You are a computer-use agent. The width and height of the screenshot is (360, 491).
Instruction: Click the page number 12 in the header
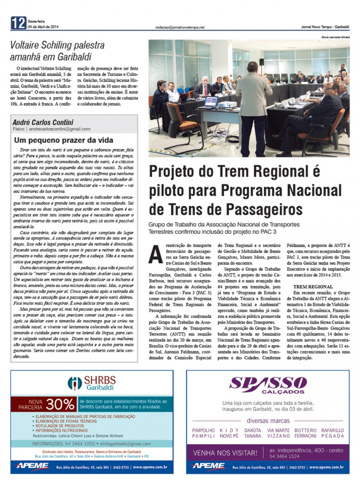(x=18, y=23)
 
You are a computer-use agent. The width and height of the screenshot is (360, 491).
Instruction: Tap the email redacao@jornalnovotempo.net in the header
(x=180, y=27)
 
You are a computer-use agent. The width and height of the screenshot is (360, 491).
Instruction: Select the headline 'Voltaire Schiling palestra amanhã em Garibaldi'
(x=57, y=51)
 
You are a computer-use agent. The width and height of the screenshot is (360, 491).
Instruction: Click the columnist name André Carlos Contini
(x=43, y=122)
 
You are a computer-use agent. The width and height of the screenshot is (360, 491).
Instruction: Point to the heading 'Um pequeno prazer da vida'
(x=64, y=140)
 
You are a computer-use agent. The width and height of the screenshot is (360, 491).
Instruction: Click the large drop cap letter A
(x=156, y=255)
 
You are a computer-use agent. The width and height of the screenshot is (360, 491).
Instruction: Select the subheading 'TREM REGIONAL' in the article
(x=313, y=287)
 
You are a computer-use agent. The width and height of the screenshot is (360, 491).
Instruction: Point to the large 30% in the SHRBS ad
(x=60, y=404)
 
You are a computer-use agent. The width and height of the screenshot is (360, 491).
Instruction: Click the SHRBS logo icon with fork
(x=75, y=383)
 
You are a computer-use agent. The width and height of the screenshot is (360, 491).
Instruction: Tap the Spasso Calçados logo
(x=268, y=384)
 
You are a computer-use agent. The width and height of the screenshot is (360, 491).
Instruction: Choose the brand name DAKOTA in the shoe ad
(x=252, y=430)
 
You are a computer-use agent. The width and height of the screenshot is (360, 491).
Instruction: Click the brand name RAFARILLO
(x=332, y=430)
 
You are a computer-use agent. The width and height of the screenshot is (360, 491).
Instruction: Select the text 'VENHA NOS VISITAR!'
(x=225, y=453)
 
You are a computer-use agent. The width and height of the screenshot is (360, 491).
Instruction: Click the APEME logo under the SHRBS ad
(x=32, y=466)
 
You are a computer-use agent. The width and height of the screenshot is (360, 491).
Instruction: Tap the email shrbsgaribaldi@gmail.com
(x=125, y=444)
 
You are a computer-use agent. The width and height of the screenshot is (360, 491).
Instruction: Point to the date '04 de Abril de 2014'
(x=43, y=27)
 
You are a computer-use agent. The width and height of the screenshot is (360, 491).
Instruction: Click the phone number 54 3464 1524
(x=284, y=456)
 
